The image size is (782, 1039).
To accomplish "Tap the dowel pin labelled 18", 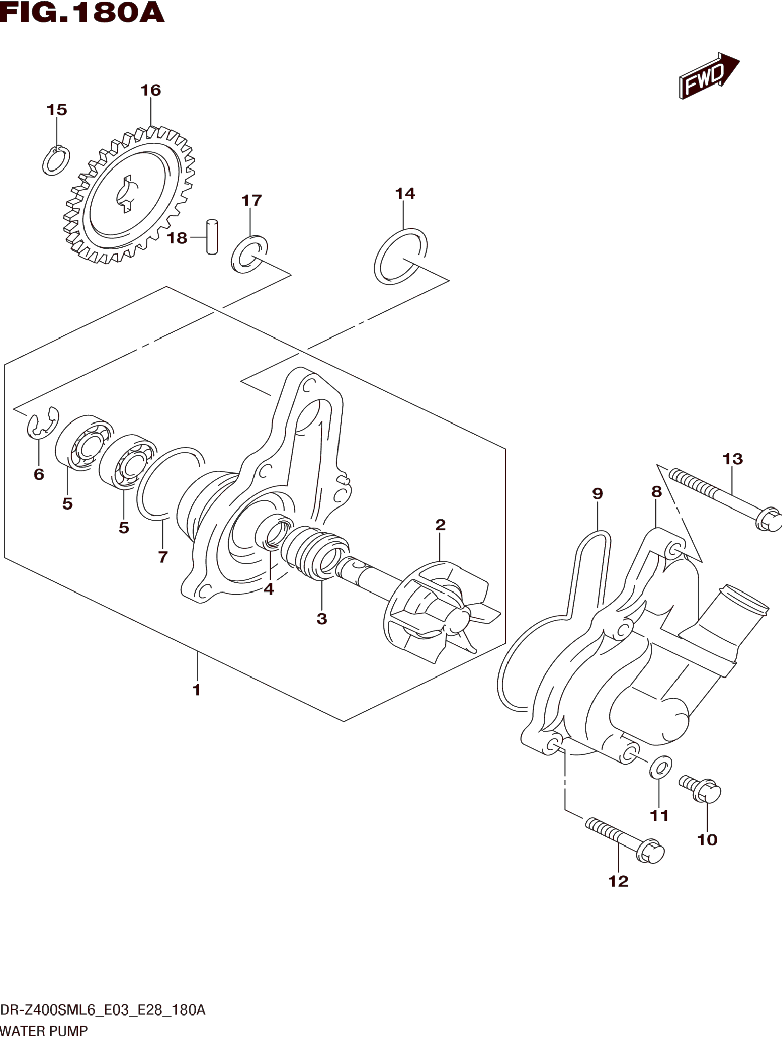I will pyautogui.click(x=212, y=237).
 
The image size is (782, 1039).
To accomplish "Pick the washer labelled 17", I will pyautogui.click(x=249, y=254).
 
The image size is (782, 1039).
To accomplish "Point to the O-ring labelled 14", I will pyautogui.click(x=401, y=257).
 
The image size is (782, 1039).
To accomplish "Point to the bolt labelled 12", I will pyautogui.click(x=625, y=841).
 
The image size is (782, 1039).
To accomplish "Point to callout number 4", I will pyautogui.click(x=268, y=589).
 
